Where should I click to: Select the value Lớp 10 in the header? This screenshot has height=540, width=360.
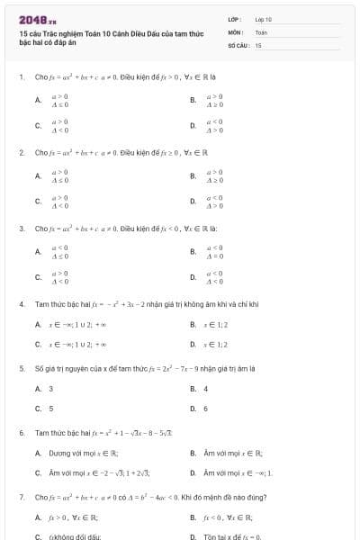tap(264, 19)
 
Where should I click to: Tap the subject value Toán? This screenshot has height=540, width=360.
tap(261, 31)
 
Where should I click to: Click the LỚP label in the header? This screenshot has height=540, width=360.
tap(235, 19)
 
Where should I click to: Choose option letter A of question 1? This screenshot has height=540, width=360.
tap(38, 101)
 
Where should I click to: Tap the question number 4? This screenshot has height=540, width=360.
tap(21, 304)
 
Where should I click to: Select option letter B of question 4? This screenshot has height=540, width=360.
tap(193, 324)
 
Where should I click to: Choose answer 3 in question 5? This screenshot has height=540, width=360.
tap(50, 389)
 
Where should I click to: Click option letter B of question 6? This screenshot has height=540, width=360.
tap(193, 454)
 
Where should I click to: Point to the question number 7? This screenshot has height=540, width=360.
tap(21, 497)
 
